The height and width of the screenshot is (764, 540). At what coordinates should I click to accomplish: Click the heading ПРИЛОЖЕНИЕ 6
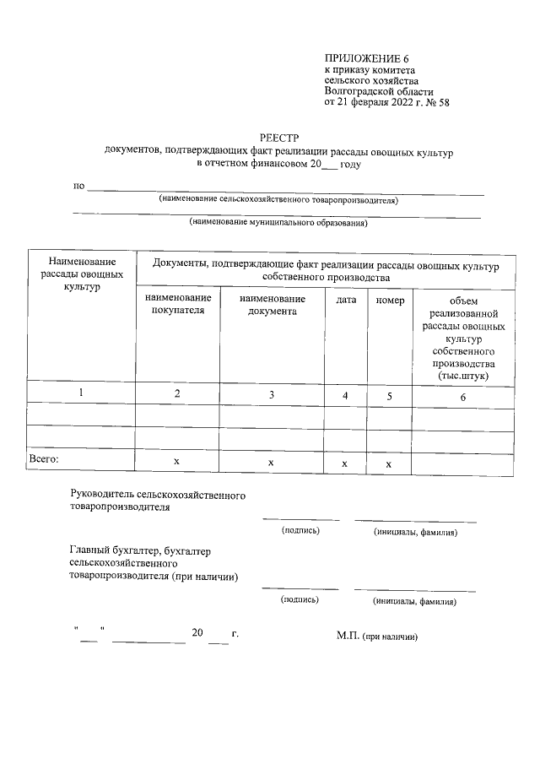point(366,57)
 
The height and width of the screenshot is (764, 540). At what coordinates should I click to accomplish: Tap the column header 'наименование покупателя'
point(177,305)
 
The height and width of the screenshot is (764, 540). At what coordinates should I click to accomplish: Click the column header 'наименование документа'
point(272,305)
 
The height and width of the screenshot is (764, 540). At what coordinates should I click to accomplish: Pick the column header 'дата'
point(346,300)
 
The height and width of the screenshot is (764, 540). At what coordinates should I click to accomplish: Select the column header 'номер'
point(390,300)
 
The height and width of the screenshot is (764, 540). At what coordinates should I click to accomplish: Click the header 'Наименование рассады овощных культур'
point(81,274)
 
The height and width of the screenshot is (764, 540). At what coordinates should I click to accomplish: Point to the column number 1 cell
point(81,393)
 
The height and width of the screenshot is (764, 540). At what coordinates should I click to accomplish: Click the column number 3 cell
point(271,394)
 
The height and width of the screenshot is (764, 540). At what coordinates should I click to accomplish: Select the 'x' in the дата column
point(345,463)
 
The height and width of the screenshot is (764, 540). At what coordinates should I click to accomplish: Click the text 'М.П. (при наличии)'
point(377,636)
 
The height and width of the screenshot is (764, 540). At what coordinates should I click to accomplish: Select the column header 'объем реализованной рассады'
point(463,338)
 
